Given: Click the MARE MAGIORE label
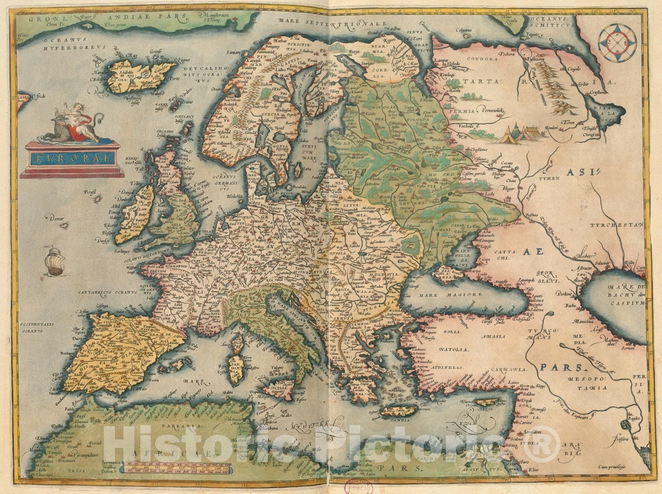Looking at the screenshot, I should click(450, 295).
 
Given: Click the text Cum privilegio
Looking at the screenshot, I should click(612, 467).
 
